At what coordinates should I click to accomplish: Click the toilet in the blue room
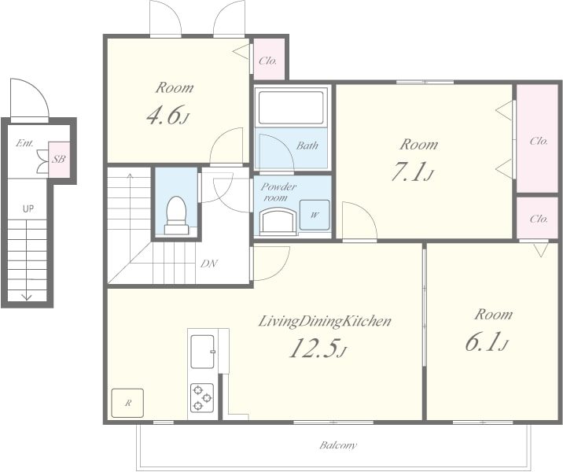pyautogui.click(x=176, y=216)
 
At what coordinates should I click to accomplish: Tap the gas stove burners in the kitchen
pyautogui.click(x=202, y=397)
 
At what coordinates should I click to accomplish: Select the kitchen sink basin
pyautogui.click(x=203, y=352)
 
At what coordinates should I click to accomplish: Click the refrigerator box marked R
pyautogui.click(x=127, y=403)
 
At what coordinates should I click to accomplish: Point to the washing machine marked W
pyautogui.click(x=315, y=215)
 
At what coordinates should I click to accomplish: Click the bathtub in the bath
pyautogui.click(x=291, y=108)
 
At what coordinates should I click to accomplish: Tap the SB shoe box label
pyautogui.click(x=58, y=159)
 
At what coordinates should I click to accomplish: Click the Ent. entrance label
pyautogui.click(x=25, y=143)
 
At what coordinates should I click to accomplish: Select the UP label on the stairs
pyautogui.click(x=28, y=208)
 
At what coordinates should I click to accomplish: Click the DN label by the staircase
pyautogui.click(x=208, y=264)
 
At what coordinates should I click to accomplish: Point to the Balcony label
pyautogui.click(x=338, y=445)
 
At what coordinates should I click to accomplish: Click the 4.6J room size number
pyautogui.click(x=167, y=115)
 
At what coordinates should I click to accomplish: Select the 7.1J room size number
pyautogui.click(x=412, y=171)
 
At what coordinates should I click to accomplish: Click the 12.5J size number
pyautogui.click(x=318, y=348)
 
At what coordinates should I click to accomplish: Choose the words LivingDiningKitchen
pyautogui.click(x=325, y=321)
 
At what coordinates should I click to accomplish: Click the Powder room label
pyautogui.click(x=278, y=192)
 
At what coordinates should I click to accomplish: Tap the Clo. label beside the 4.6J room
pyautogui.click(x=268, y=61)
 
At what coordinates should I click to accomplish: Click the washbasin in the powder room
pyautogui.click(x=278, y=219)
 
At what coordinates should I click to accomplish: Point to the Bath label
pyautogui.click(x=307, y=146)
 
